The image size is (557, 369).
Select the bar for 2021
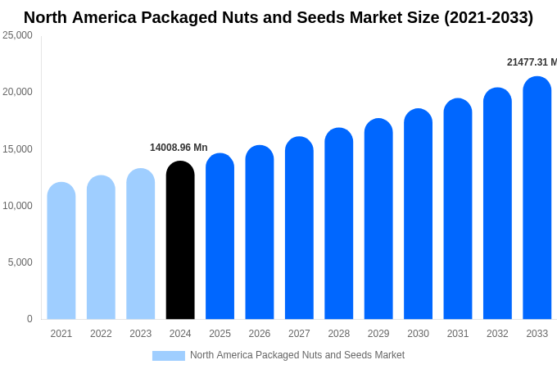61,251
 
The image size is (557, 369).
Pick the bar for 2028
339,224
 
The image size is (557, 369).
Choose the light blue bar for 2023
141,244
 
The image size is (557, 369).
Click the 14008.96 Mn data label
179,148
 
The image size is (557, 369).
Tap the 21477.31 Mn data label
532,62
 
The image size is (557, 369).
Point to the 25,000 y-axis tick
17,35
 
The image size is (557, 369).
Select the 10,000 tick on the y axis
17,206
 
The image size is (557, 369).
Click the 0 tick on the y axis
29,319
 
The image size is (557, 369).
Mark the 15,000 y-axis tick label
17,149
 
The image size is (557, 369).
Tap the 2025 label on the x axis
220,334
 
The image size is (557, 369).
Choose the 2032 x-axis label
497,334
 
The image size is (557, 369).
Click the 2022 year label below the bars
101,334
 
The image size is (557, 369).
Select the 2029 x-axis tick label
378,334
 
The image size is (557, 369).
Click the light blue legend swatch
169,356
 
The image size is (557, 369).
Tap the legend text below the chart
297,355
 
